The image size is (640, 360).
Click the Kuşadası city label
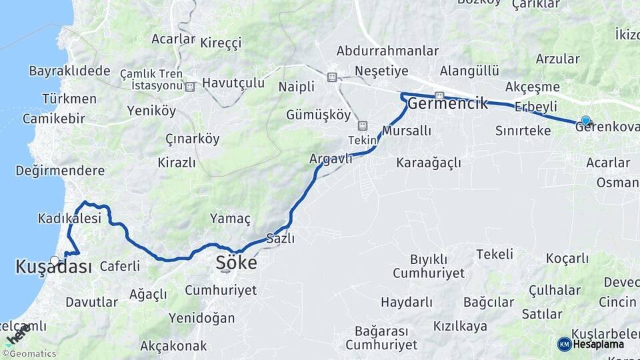click(x=53, y=267)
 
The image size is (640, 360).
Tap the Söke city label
click(x=236, y=263)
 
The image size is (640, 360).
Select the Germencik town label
click(x=447, y=103)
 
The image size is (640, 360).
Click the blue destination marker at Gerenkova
click(x=585, y=121)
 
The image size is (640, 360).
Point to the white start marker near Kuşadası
click(x=55, y=260)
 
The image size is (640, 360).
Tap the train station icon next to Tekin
click(x=362, y=125)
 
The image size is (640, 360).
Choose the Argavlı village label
click(x=331, y=159)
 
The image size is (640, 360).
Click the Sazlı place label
click(x=280, y=238)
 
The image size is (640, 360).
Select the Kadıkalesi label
click(x=69, y=218)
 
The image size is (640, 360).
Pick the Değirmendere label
click(x=60, y=170)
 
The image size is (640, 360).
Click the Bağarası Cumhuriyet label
click(x=381, y=338)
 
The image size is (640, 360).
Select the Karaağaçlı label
click(x=428, y=162)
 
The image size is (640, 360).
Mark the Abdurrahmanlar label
click(x=387, y=51)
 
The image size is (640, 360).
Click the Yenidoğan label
click(x=201, y=317)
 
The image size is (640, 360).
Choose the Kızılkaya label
click(x=460, y=326)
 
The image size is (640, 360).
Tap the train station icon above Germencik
click(x=439, y=95)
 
